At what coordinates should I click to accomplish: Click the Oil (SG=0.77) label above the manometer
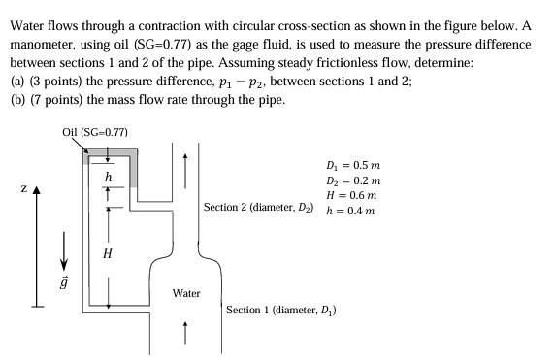(x=94, y=131)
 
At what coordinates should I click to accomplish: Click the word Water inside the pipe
(x=186, y=292)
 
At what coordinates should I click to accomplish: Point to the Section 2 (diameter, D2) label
(x=258, y=208)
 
